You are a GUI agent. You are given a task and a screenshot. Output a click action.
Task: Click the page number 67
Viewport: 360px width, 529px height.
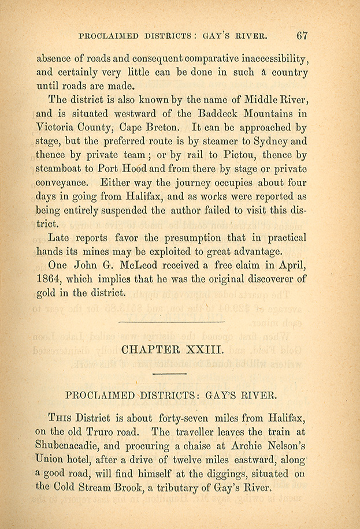(x=302, y=35)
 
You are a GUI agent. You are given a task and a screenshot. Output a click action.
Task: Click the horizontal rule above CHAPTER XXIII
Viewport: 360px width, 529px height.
(x=171, y=321)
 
